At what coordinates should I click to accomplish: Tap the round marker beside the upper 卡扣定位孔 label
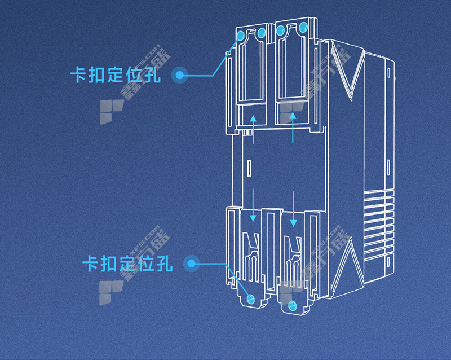tap(179, 74)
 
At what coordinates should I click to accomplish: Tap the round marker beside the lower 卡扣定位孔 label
tap(192, 263)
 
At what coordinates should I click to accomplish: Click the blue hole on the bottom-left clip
tap(251, 297)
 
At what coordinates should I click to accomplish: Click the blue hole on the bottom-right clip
tap(291, 306)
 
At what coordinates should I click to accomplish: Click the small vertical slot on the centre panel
tap(249, 168)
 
